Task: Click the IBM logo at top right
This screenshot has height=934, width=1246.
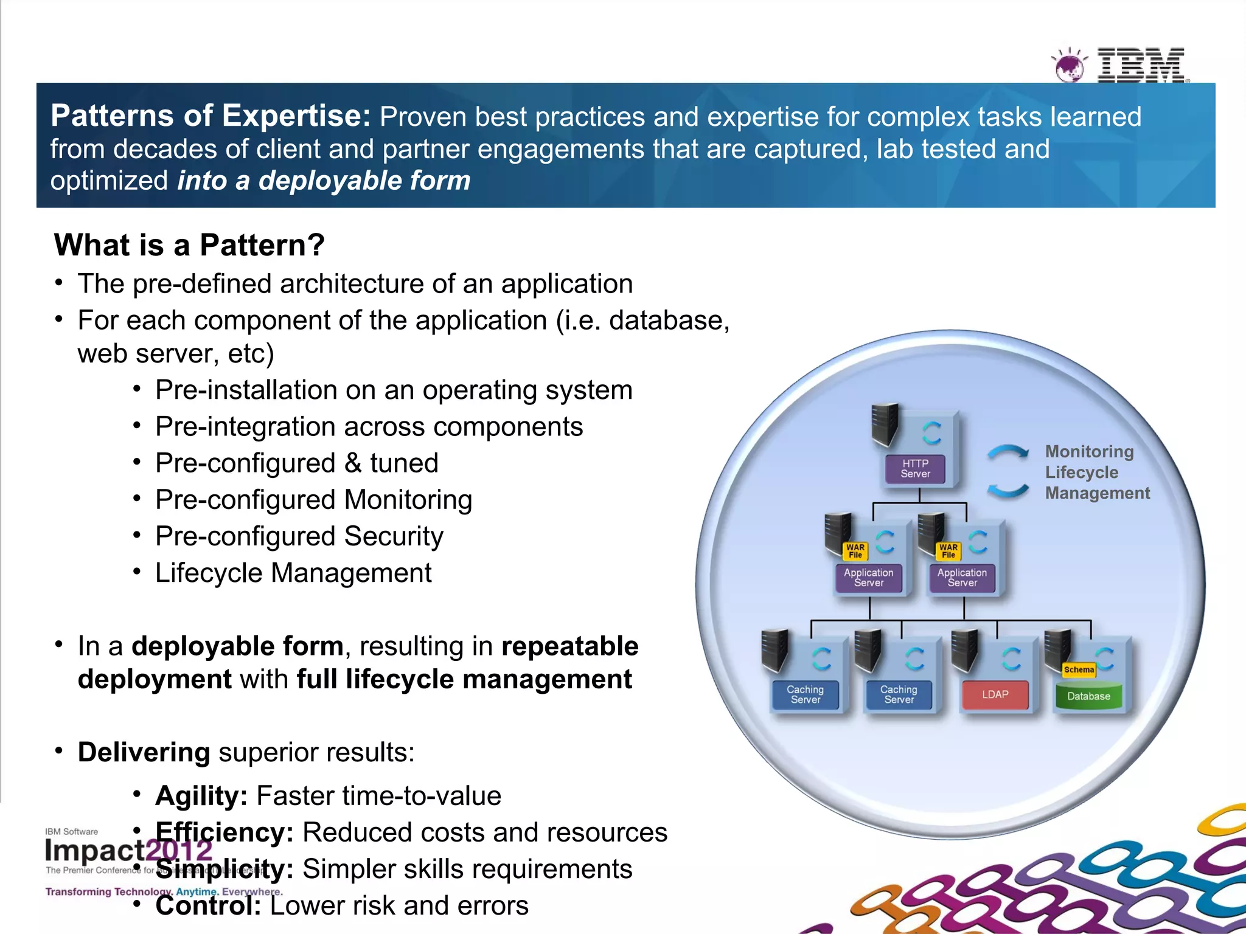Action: [x=1140, y=64]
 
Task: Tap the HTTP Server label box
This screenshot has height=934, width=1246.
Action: [x=915, y=469]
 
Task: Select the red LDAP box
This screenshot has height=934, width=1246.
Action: [x=995, y=694]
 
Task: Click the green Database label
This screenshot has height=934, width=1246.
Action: [x=1088, y=696]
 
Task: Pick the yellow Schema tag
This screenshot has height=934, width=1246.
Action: [x=1079, y=669]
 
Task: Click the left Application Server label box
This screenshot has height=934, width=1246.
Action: [x=868, y=578]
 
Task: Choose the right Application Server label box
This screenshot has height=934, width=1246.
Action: [x=962, y=578]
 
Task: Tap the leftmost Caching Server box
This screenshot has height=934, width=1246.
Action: [x=805, y=694]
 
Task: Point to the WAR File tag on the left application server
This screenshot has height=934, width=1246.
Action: [x=855, y=551]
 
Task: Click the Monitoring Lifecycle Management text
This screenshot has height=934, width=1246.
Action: [x=1096, y=472]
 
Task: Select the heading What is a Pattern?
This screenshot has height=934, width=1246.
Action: [x=189, y=245]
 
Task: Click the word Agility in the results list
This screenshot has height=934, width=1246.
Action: [x=201, y=796]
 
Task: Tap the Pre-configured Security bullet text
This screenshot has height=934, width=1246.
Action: [x=299, y=536]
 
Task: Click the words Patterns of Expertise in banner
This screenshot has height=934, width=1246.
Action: [x=210, y=116]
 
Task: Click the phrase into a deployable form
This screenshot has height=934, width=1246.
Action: [x=324, y=181]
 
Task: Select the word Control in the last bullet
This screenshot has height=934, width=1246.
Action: [x=207, y=905]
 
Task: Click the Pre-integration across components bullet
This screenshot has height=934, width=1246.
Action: [x=369, y=427]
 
